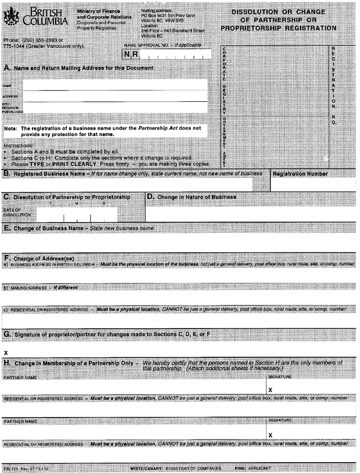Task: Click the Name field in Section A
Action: (x=114, y=85)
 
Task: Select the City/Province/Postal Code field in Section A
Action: (x=114, y=108)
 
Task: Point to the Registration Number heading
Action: (x=300, y=174)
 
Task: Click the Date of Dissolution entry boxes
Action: (x=77, y=214)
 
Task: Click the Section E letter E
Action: (x=6, y=227)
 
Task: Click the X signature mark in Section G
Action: (x=6, y=353)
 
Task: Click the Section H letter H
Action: (x=7, y=363)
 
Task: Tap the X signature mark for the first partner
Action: (x=270, y=390)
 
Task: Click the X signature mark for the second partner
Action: (x=270, y=435)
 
